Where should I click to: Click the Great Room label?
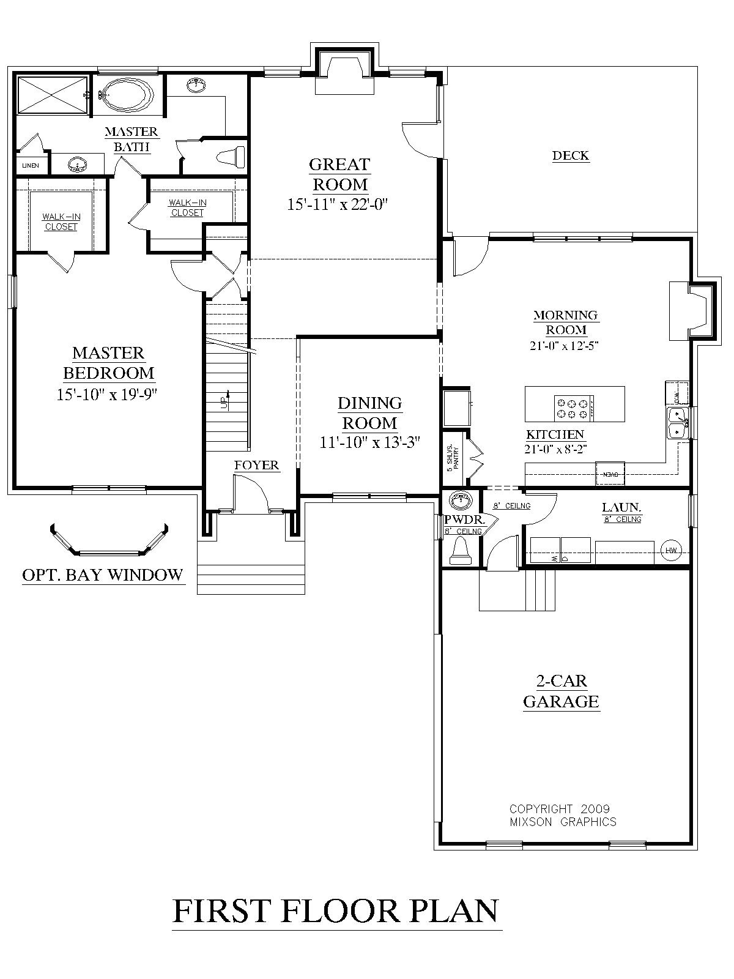[x=340, y=174]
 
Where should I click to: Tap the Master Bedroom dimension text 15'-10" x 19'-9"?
[x=107, y=395]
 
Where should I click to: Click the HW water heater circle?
[x=671, y=551]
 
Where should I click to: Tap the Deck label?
[x=570, y=155]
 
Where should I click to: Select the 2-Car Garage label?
[x=561, y=691]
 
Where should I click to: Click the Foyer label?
[x=256, y=466]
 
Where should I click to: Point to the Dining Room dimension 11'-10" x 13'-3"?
[x=369, y=442]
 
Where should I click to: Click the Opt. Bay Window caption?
[x=103, y=575]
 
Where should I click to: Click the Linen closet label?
[x=31, y=165]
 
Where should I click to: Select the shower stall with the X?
[x=52, y=94]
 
